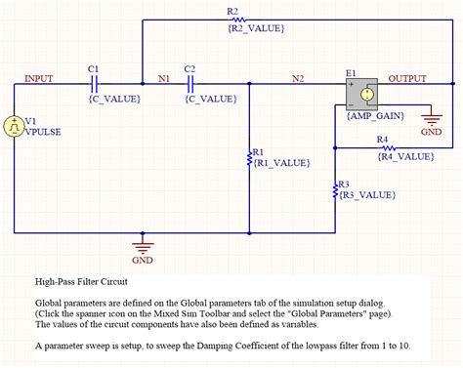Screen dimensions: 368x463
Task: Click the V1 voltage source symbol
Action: (15, 126)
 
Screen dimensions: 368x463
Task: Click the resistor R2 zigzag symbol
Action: (234, 20)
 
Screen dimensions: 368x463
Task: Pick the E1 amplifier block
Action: (364, 95)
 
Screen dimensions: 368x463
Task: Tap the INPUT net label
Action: (39, 78)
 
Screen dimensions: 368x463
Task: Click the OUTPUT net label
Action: (414, 78)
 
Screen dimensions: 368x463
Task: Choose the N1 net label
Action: (163, 78)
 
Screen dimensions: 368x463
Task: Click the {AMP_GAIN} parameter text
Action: (375, 115)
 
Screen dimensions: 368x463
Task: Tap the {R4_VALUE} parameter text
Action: (405, 156)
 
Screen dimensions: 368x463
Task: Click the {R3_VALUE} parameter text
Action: (366, 195)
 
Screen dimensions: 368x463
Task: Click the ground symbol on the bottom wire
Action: (143, 245)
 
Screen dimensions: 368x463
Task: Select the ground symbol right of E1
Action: (431, 117)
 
